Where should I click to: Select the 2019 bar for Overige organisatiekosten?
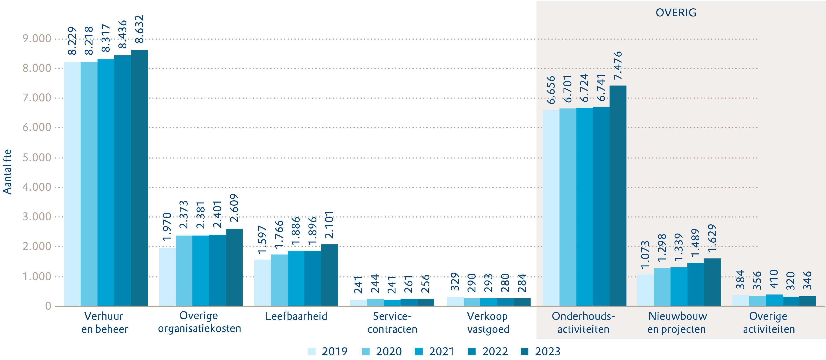tap(167, 277)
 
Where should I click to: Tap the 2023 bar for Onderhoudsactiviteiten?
tap(618, 196)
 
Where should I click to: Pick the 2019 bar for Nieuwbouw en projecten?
tap(645, 290)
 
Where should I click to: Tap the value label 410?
tap(774, 279)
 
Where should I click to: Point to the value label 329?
tap(455, 281)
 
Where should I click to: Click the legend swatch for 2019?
tap(312, 351)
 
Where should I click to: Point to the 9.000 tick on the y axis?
tap(37, 39)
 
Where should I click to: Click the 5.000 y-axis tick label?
tap(37, 157)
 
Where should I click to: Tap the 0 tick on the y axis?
tap(48, 306)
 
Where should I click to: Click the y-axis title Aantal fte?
tap(7, 172)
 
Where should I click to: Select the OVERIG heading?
tap(676, 13)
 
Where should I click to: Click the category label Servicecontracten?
tap(392, 323)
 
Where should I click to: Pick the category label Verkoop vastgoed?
tap(488, 323)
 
